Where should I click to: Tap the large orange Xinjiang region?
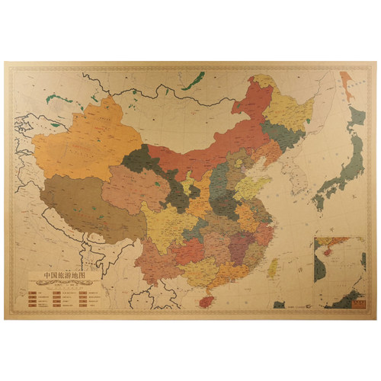[x=95, y=141]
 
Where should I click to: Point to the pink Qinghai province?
[x=133, y=187]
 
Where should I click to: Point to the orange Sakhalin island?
[x=347, y=84]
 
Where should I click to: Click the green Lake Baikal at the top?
[x=198, y=78]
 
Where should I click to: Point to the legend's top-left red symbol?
[x=34, y=291]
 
